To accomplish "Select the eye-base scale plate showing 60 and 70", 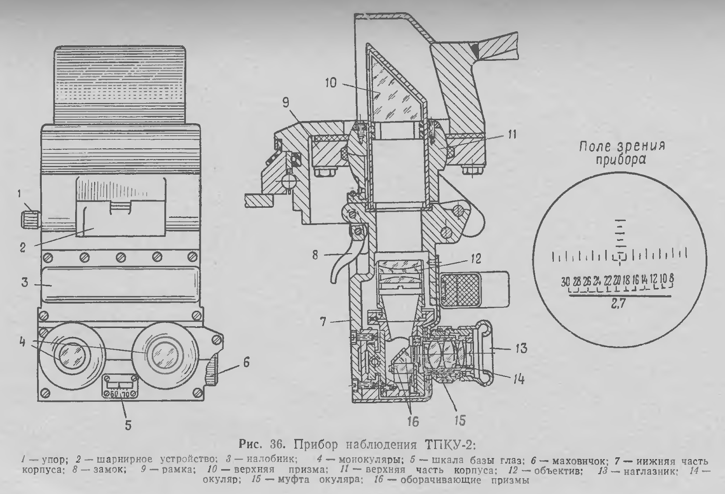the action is [118, 385].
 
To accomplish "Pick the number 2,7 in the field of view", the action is [618, 305].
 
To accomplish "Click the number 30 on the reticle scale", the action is [565, 280].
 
